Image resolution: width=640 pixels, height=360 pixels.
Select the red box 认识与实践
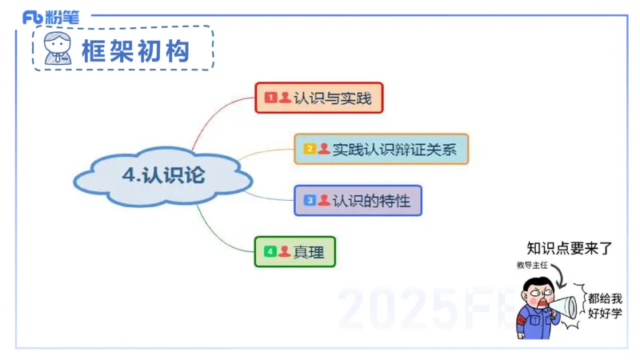(319, 98)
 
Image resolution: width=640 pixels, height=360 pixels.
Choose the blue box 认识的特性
(358, 200)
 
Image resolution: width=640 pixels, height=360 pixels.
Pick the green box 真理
(294, 251)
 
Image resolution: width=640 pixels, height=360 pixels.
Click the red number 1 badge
(270, 98)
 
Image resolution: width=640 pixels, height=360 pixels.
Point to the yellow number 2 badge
(310, 149)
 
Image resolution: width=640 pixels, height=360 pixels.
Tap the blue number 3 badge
(310, 200)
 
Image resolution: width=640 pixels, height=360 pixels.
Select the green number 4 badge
(270, 251)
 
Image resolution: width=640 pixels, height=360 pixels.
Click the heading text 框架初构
(135, 50)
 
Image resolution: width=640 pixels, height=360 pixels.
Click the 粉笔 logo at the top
(52, 17)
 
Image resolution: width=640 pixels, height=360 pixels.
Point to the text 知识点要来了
(569, 249)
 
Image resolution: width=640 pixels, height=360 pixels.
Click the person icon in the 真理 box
(284, 251)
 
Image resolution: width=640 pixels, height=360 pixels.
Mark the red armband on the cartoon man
(521, 319)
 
